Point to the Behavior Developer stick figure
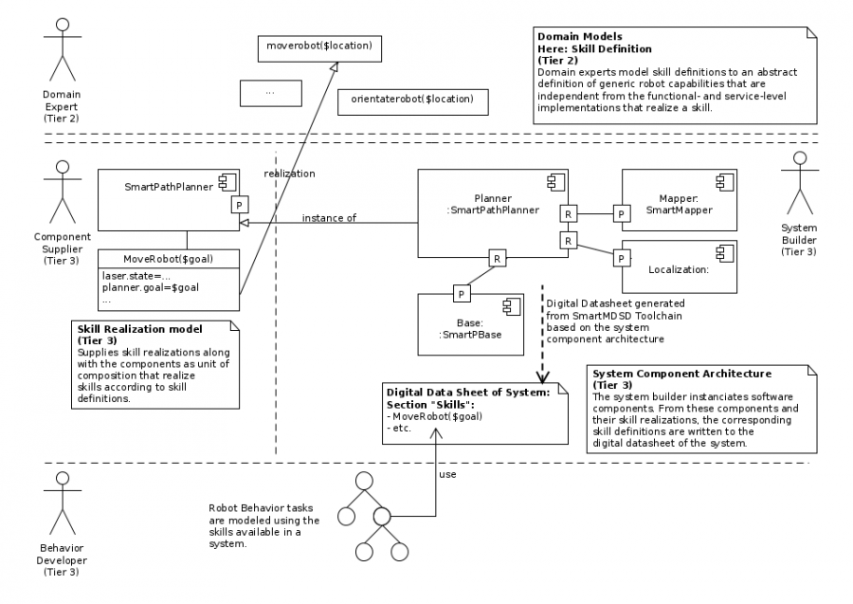pyautogui.click(x=63, y=503)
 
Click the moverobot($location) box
pyautogui.click(x=318, y=46)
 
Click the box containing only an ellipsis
pyautogui.click(x=270, y=93)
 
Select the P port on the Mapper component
pyautogui.click(x=621, y=215)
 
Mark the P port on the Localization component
pyautogui.click(x=621, y=257)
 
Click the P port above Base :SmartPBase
pyautogui.click(x=462, y=293)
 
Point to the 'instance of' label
pyautogui.click(x=329, y=218)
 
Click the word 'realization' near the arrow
pyautogui.click(x=289, y=174)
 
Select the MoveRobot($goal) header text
pyautogui.click(x=167, y=258)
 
